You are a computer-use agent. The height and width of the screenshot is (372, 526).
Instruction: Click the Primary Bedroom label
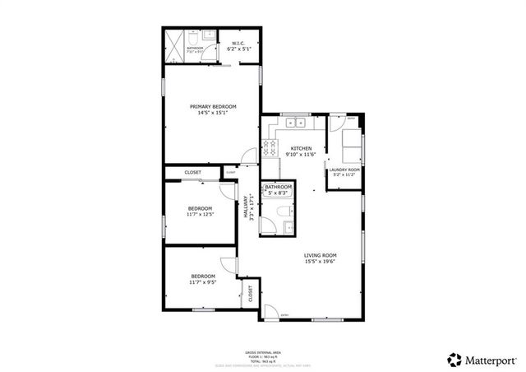[x=213, y=107]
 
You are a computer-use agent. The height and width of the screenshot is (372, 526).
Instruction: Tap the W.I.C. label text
[x=238, y=44]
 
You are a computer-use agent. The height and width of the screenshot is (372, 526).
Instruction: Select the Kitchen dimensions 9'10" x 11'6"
[x=300, y=155]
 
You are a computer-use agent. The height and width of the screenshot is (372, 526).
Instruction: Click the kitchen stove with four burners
[x=270, y=149]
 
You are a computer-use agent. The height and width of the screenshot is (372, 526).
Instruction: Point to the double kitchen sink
[x=295, y=123]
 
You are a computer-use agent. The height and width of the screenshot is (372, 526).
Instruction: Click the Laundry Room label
[x=346, y=170]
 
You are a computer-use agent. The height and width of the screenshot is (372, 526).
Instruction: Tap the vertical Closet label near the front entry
[x=251, y=294]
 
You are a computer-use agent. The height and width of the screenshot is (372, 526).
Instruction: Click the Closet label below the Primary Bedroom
[x=192, y=172]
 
